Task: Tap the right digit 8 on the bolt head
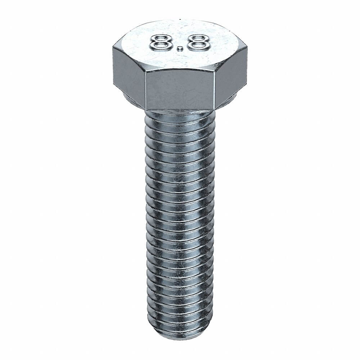[199, 42]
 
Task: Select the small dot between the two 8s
[181, 48]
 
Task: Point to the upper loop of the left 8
[161, 37]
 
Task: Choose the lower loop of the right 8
[199, 46]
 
